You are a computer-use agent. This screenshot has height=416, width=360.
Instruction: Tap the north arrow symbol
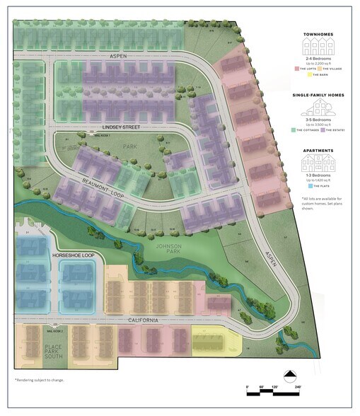point(289,375)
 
